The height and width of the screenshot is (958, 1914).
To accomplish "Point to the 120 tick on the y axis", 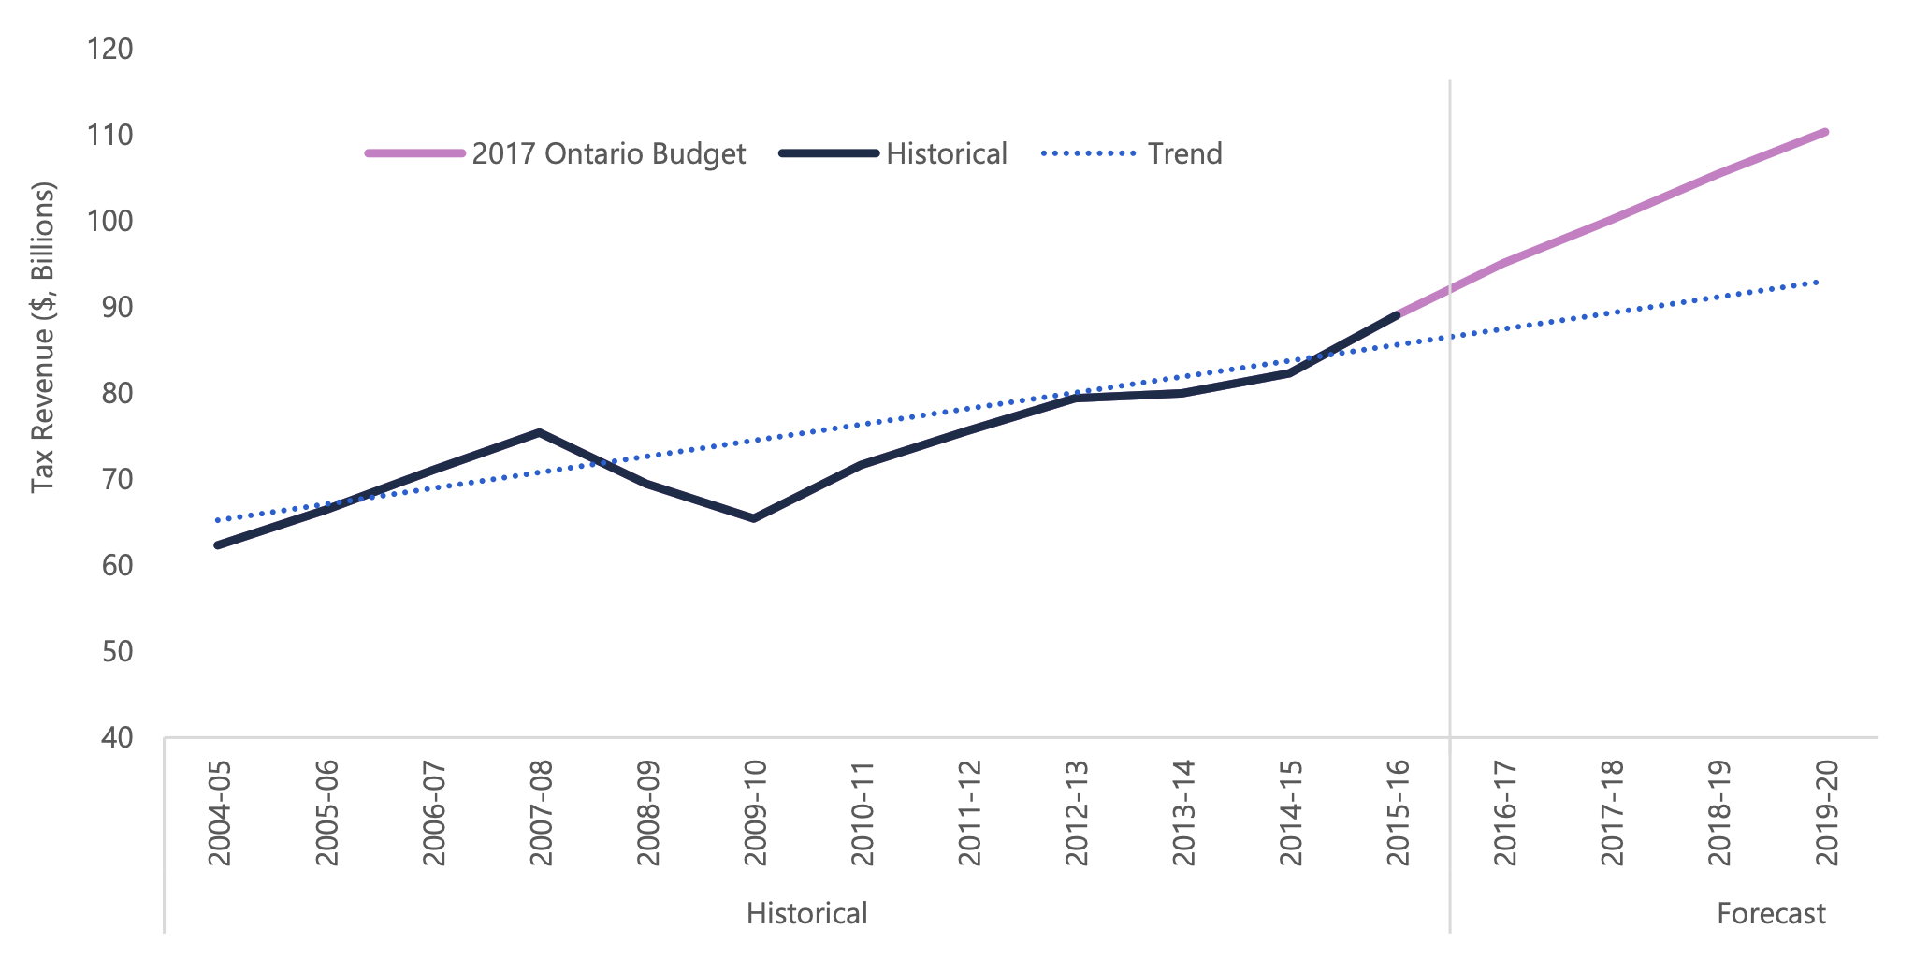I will coord(110,49).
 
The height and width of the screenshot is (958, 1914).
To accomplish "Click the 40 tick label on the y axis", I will coord(116,737).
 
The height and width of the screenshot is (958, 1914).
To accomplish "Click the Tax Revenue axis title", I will coord(43,337).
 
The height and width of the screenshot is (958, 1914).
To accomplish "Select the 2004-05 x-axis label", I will coord(219,812).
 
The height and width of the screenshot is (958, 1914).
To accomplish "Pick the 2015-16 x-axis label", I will coord(1398,812).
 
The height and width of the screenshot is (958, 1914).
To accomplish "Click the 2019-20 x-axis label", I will coord(1826,812).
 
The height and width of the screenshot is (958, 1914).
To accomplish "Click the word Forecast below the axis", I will coord(1770,913).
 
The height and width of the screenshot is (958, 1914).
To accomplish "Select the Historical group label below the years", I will coord(806,913).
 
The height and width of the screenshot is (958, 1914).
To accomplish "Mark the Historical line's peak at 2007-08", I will coord(540,432).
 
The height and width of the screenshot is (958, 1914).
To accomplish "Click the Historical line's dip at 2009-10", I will coord(754,518).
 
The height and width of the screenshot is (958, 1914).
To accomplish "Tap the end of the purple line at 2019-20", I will coord(1825,132).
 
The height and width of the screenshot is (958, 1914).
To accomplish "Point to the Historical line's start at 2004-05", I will coord(218,544).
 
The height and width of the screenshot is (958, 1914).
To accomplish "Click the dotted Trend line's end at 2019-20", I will coord(1818,282).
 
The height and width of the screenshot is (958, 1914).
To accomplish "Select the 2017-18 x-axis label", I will coord(1612,812).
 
